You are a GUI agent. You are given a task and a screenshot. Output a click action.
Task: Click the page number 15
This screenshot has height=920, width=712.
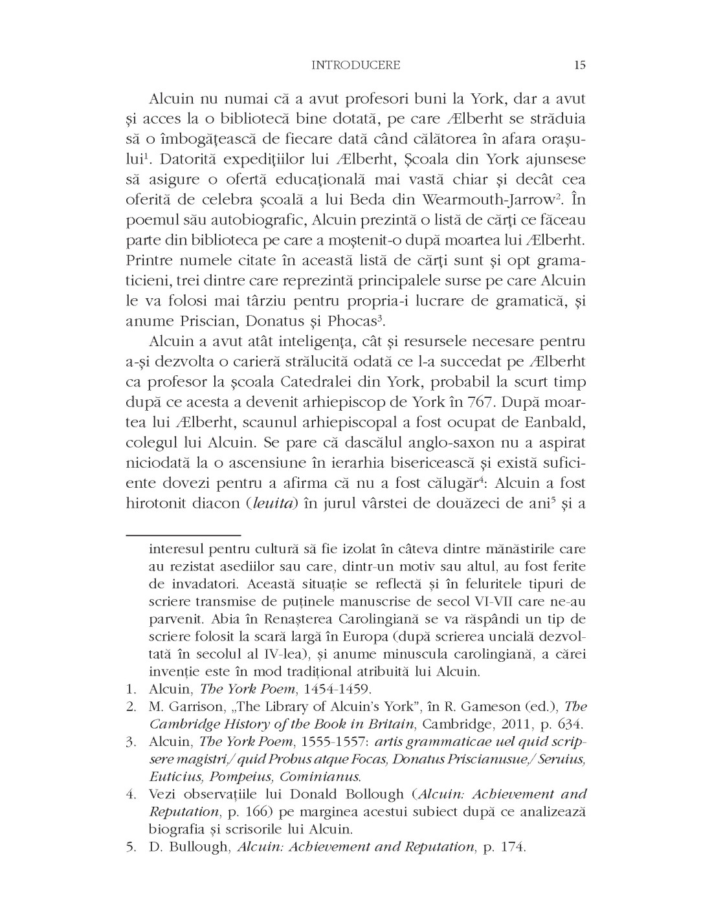[x=579, y=65]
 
